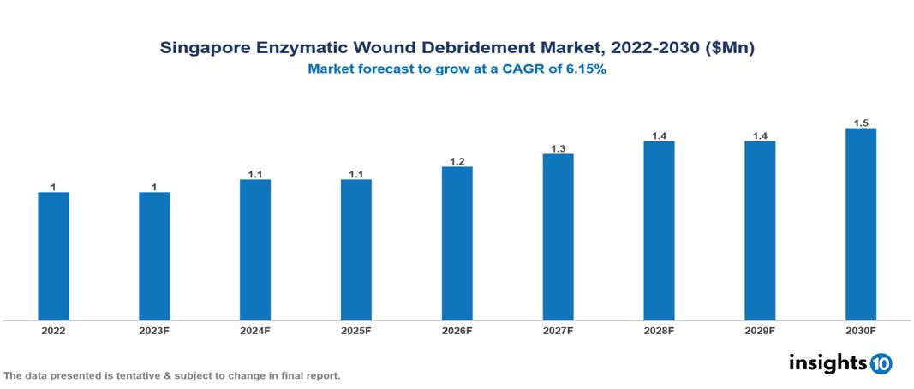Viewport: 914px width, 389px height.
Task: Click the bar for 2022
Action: pos(53,256)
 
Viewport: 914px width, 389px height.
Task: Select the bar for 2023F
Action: pos(154,256)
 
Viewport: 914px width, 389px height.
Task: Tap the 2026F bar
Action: pos(457,243)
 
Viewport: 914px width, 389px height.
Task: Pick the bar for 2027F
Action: pos(558,237)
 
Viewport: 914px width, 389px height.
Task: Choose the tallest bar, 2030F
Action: pos(860,224)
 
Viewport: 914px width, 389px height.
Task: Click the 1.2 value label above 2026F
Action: pos(457,161)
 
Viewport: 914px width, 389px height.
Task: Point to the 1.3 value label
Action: pos(558,148)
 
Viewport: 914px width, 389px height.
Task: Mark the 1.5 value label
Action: pos(860,123)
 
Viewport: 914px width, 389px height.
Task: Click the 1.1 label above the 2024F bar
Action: pos(255,174)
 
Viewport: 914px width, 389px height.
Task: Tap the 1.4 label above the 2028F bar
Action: pos(659,135)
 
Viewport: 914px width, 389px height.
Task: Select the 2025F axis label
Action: pos(355,330)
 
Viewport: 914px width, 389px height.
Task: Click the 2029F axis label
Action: pos(759,330)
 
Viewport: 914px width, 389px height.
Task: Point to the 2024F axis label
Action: pos(255,330)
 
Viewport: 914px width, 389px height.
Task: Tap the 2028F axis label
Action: pos(659,330)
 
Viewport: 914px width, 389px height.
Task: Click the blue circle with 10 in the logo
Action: pos(881,363)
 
